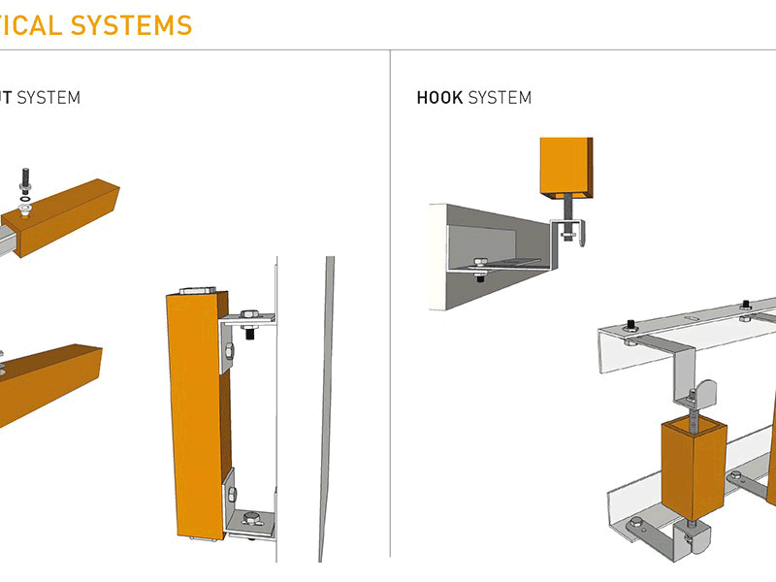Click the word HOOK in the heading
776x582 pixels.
coord(439,98)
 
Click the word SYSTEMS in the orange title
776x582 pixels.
coord(130,26)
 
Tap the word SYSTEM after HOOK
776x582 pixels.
coord(500,98)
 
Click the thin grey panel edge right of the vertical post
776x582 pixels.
coord(327,407)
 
